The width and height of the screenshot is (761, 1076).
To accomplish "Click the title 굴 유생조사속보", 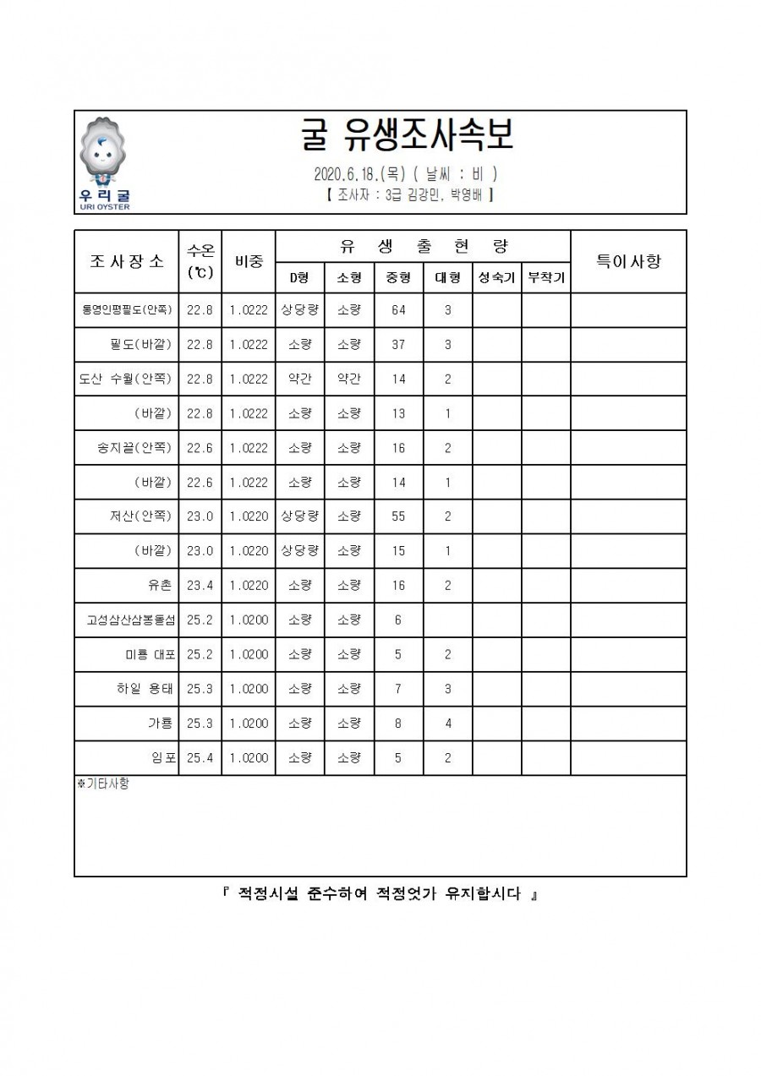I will pyautogui.click(x=407, y=134).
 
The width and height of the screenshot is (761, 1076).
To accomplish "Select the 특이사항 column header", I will pyautogui.click(x=628, y=261).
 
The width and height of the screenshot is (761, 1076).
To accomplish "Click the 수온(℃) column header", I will pyautogui.click(x=200, y=261).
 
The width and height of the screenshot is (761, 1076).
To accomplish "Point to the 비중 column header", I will pyautogui.click(x=249, y=261).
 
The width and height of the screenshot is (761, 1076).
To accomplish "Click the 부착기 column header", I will pyautogui.click(x=546, y=277).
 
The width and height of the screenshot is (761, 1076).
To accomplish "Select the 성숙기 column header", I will pyautogui.click(x=496, y=277).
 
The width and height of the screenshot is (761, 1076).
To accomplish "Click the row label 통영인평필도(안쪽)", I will pyautogui.click(x=127, y=310).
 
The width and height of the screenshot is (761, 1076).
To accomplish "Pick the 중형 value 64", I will pyautogui.click(x=398, y=310).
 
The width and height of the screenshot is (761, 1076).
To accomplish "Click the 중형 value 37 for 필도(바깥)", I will pyautogui.click(x=398, y=345).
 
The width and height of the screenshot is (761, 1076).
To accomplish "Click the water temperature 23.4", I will pyautogui.click(x=200, y=586).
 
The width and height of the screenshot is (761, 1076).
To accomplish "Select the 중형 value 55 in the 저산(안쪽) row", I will pyautogui.click(x=398, y=516).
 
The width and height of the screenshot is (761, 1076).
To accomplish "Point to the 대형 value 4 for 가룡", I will pyautogui.click(x=447, y=724).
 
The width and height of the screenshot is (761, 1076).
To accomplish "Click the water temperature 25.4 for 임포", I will pyautogui.click(x=200, y=758).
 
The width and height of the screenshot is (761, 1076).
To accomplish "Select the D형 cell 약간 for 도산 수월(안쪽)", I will pyautogui.click(x=299, y=380).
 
